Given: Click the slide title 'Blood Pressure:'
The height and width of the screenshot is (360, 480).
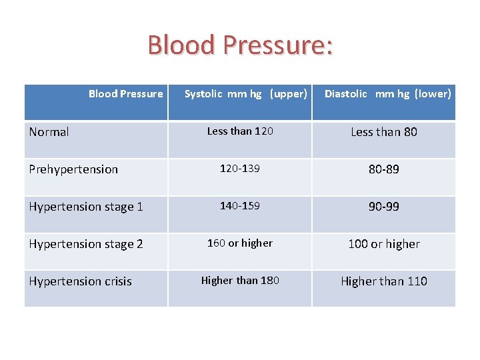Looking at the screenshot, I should coord(240,45).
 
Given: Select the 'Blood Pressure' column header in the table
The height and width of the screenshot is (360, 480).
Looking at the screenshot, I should coord(125,94).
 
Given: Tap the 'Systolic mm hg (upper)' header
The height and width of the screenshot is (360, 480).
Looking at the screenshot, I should coord(245,94).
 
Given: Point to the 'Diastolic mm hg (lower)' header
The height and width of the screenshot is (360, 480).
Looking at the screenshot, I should coord(387,94).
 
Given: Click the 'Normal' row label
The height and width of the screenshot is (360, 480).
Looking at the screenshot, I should coord(49,132).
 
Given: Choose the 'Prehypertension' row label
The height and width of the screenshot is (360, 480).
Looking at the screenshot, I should coord(73,169).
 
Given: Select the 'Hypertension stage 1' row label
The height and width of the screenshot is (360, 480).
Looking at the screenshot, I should coord(86,207).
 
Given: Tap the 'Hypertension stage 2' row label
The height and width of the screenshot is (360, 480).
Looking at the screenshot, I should coord(86,244).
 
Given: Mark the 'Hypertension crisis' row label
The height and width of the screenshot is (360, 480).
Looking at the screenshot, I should coord(80,281).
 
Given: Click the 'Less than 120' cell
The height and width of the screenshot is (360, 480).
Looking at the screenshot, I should coord(240,131).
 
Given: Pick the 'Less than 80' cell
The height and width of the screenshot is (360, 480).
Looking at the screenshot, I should coord(384,132).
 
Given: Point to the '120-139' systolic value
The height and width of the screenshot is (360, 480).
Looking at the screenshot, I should coord(240,169).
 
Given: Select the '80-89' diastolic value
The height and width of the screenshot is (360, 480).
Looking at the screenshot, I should coord(384,169).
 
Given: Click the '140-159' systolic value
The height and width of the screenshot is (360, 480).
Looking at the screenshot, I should coord(240,206).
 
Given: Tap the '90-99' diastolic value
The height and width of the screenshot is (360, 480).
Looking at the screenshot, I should coord(384,207).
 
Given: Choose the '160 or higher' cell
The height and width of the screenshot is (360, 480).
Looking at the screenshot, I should coord(240,243).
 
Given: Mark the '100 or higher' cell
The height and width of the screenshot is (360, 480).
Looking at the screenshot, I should coord(384,244).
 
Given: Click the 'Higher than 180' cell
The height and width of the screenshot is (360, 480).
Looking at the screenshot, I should coord(240,281).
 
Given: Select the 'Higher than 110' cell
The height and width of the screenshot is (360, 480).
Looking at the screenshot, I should coord(384,281).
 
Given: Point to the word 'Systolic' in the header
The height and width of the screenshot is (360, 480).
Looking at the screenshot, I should coord(203,94).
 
